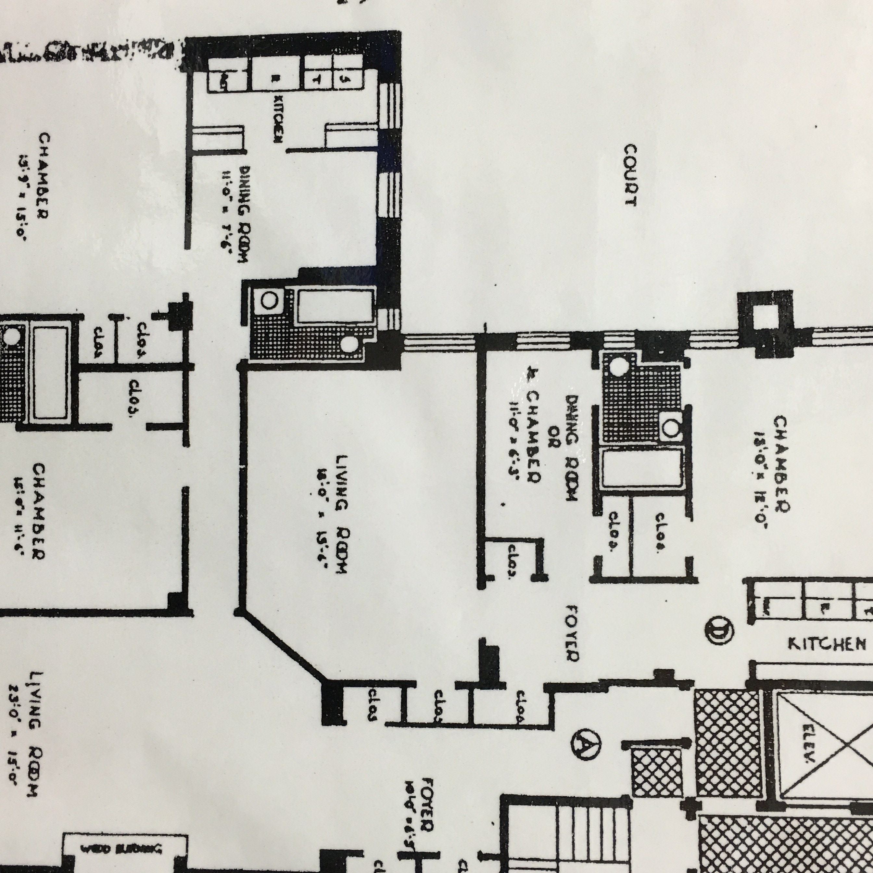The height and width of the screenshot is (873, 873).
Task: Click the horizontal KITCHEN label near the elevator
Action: point(827,644)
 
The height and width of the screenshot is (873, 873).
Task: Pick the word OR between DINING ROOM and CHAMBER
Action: point(551,441)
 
